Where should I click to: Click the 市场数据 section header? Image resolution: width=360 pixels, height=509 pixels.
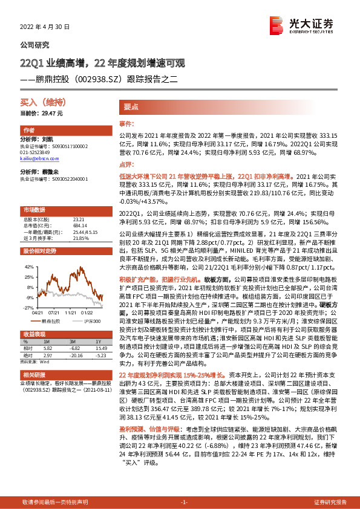[34, 209]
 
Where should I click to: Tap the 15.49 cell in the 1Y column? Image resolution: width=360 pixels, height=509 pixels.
[100, 349]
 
